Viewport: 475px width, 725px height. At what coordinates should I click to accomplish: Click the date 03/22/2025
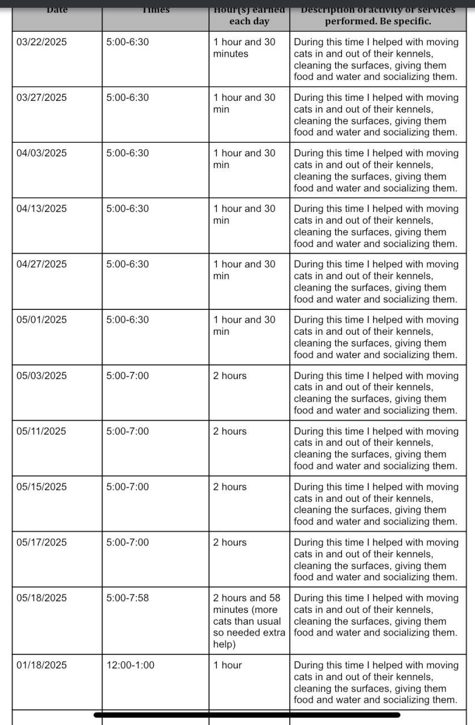point(41,42)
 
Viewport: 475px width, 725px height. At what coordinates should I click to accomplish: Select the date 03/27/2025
point(41,97)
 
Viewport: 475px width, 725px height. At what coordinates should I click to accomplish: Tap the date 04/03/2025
point(41,153)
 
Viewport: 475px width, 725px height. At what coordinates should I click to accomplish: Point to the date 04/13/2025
point(41,208)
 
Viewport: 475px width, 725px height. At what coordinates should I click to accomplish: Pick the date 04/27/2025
point(41,264)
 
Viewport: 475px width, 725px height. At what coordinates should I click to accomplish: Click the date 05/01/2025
point(41,319)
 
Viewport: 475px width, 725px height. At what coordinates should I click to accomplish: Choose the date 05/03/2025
point(41,376)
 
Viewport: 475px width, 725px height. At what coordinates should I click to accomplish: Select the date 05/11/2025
point(41,431)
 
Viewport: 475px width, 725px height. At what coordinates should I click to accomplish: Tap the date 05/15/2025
point(41,487)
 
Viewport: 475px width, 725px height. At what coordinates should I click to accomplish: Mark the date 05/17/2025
point(41,542)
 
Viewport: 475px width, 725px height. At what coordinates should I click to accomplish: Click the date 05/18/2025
point(41,598)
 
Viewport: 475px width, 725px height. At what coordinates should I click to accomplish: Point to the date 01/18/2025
point(41,665)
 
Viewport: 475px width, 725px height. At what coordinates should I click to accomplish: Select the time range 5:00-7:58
point(127,598)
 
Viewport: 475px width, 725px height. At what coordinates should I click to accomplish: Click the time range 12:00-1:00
point(130,665)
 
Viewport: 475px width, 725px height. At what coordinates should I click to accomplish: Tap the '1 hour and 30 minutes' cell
point(244,48)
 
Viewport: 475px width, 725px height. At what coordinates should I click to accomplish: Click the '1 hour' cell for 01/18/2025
point(228,665)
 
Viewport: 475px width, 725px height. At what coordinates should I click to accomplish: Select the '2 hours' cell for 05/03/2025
point(230,376)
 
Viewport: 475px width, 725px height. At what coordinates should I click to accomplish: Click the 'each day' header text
point(249,22)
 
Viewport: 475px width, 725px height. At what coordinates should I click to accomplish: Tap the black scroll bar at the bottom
point(247,715)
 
